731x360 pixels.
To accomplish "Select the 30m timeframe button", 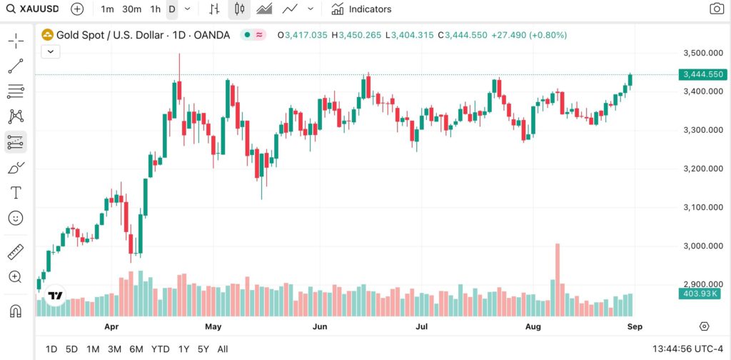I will [131, 9].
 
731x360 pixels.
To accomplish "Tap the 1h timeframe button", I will [155, 9].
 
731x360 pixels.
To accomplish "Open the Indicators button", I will [361, 9].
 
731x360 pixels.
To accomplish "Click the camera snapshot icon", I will [716, 9].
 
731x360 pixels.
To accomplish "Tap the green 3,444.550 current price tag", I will [703, 74].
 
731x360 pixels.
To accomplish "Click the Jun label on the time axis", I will [320, 327].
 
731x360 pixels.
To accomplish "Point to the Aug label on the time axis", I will [533, 327].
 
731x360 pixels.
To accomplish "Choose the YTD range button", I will [161, 349].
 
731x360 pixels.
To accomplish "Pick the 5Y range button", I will [203, 349].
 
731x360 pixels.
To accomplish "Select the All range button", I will [223, 349].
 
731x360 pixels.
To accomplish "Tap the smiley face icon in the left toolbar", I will [16, 218].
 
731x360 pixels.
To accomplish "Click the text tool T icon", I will [16, 193].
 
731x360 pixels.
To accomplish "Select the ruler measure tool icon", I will [16, 251].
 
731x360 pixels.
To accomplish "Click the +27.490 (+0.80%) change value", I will [528, 34].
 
